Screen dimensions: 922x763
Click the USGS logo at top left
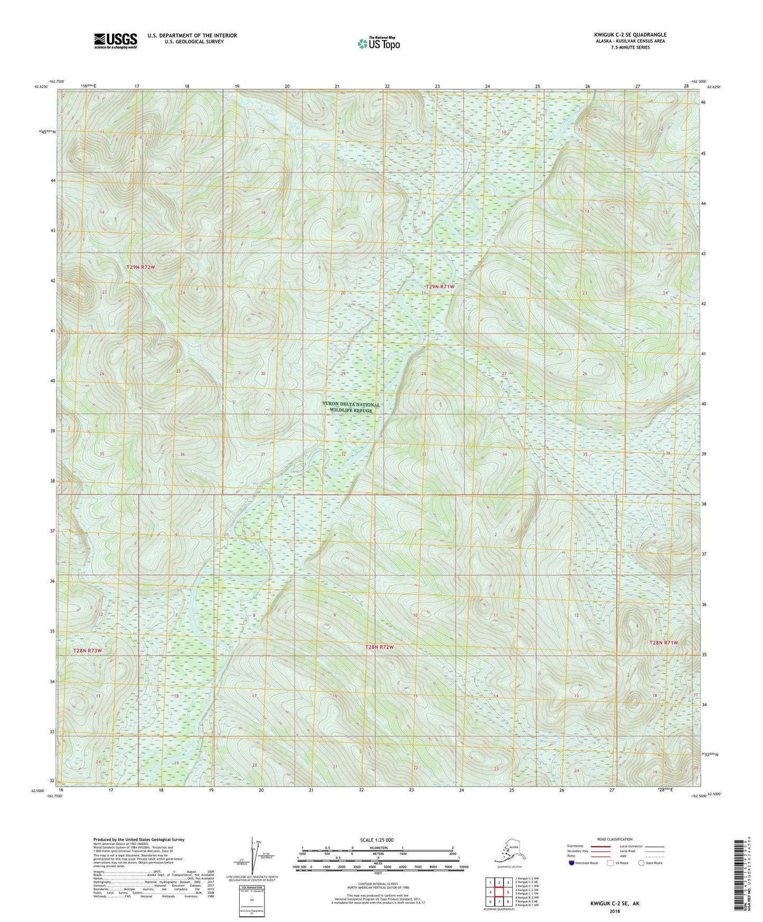(x=115, y=40)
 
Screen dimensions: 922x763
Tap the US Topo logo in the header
(x=378, y=43)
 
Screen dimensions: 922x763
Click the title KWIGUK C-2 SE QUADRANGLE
(x=630, y=35)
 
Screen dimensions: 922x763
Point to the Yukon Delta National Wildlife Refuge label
(x=351, y=407)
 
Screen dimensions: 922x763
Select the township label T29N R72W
(x=141, y=267)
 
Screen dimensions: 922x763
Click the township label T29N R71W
(x=440, y=286)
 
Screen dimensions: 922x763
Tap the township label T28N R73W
(x=87, y=651)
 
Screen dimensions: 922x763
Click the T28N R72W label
(x=379, y=647)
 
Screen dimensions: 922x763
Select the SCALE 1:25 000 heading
(x=378, y=840)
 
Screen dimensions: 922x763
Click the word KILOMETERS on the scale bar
(x=378, y=848)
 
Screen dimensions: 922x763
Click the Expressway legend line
(x=601, y=846)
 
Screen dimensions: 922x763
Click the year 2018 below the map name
(x=615, y=911)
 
